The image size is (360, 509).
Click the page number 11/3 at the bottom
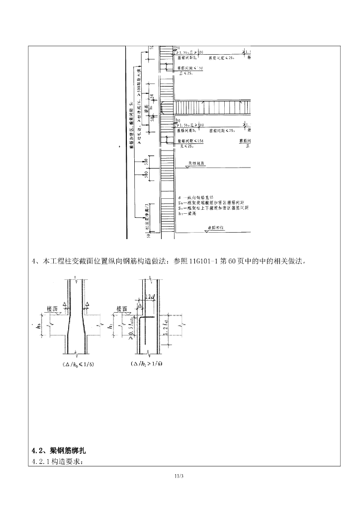click(x=180, y=477)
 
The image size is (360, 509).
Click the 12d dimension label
click(x=151, y=297)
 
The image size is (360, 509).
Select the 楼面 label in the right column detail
click(x=122, y=309)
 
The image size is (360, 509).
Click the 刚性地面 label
click(x=197, y=163)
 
